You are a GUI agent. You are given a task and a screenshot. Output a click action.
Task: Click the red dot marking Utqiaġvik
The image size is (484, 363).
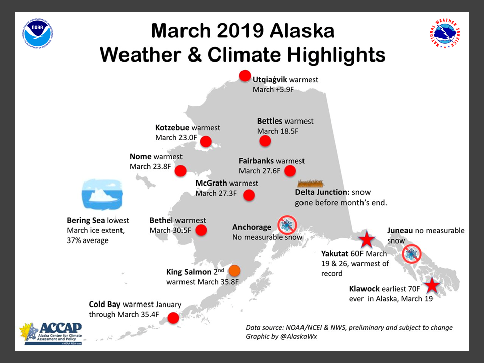pyautogui.click(x=245, y=76)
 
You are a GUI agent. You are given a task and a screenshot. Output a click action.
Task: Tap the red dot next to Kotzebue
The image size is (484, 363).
pyautogui.click(x=206, y=141)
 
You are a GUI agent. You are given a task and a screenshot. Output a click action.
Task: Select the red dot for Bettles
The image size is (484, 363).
pyautogui.click(x=265, y=141)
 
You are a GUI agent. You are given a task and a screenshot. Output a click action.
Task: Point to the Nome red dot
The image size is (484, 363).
pyautogui.click(x=180, y=171)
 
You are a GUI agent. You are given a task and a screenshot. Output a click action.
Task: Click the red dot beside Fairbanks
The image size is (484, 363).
pyautogui.click(x=290, y=171)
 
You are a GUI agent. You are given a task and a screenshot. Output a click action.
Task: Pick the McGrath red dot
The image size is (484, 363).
pyautogui.click(x=249, y=195)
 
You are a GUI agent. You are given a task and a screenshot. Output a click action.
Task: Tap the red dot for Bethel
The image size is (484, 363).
pyautogui.click(x=201, y=230)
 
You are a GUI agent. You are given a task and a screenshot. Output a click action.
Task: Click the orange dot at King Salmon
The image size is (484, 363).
pyautogui.click(x=234, y=270)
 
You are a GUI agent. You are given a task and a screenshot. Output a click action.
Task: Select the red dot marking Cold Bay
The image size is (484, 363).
pyautogui.click(x=173, y=318)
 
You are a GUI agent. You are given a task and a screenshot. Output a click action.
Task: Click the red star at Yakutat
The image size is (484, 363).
pyautogui.click(x=367, y=239)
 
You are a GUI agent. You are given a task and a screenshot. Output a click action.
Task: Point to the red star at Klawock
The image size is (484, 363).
pyautogui.click(x=432, y=285)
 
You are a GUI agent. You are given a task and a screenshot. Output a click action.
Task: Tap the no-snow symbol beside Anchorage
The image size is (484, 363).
pyautogui.click(x=287, y=225)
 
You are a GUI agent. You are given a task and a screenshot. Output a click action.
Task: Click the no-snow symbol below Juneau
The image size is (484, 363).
pyautogui.click(x=412, y=254)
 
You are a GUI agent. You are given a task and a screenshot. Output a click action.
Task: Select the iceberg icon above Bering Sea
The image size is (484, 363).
pyautogui.click(x=102, y=195)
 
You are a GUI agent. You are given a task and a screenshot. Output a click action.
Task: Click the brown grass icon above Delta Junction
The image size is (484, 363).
pyautogui.click(x=311, y=184)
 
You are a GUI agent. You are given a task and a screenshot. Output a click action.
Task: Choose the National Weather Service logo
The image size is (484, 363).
pyautogui.click(x=445, y=34)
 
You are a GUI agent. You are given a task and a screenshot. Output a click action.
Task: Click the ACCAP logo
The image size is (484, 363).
pyautogui.click(x=51, y=333)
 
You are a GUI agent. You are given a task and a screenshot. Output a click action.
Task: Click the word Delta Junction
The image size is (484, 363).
pyautogui.click(x=322, y=192)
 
